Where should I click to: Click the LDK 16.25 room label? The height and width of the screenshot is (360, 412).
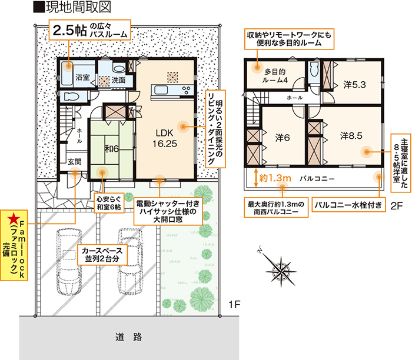[165, 138]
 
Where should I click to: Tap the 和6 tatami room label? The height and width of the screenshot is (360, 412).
[112, 149]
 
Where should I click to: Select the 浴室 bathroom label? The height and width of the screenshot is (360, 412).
[82, 77]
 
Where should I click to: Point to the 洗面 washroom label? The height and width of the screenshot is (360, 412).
[118, 80]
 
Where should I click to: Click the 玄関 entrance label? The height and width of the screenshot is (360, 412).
[74, 162]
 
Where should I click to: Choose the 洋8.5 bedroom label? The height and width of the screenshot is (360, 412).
[351, 136]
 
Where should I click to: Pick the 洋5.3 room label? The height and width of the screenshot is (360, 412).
[354, 85]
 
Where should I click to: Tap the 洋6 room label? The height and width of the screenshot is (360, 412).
[283, 138]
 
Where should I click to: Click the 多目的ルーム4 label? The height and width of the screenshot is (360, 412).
[275, 76]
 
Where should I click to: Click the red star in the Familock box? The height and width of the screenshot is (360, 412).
[13, 218]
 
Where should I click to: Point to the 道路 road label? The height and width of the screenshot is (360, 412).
[128, 337]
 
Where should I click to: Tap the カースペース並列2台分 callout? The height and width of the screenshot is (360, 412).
[102, 255]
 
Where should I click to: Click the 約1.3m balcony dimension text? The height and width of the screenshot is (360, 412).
[275, 178]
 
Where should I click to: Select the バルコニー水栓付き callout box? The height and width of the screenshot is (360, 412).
[348, 205]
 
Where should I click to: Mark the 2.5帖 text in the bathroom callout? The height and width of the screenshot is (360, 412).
[70, 31]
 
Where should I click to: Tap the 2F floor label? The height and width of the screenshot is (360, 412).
[397, 206]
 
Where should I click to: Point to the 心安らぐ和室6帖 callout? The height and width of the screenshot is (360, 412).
[109, 203]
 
